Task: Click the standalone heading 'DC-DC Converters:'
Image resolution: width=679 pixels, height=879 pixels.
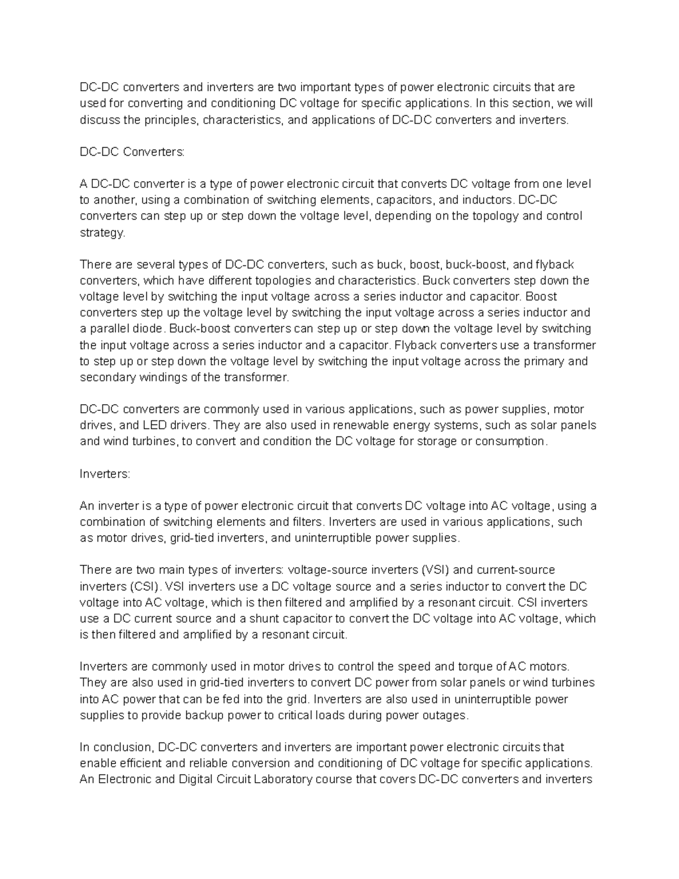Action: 132,152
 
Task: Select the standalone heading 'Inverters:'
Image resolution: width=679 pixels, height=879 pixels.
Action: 105,474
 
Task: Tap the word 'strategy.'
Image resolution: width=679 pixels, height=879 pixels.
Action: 102,233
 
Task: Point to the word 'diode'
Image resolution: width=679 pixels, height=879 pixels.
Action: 149,329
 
